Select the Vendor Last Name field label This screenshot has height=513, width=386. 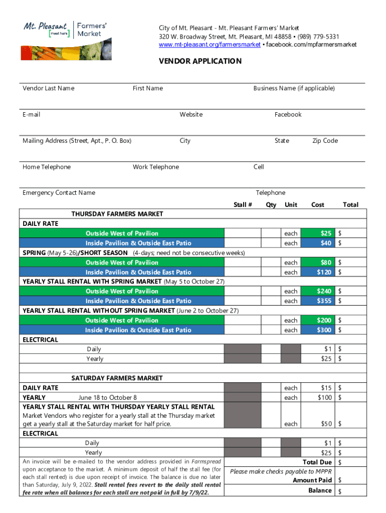(48, 88)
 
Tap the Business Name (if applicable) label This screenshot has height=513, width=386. (294, 88)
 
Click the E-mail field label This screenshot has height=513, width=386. (31, 114)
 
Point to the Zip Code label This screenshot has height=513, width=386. (325, 141)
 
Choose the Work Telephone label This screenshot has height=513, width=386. (155, 167)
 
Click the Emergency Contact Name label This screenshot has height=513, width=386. (59, 193)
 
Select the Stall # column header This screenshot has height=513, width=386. (243, 204)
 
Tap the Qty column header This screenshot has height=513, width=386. (271, 204)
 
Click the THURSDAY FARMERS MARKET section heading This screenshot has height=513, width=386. (117, 214)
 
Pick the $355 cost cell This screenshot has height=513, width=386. (323, 301)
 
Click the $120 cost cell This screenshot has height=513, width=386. (323, 272)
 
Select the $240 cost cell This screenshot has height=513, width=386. (323, 291)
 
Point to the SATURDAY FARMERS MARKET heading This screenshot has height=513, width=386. (117, 378)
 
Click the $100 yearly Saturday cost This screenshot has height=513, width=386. (324, 398)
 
